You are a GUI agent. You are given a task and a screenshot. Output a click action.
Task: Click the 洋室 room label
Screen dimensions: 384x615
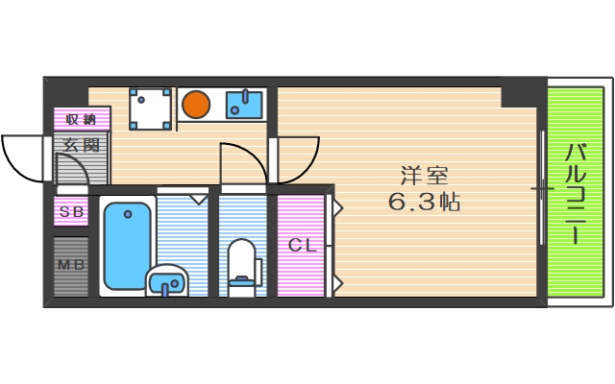point(425,176)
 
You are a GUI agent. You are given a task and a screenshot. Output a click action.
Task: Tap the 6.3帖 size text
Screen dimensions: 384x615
point(424,203)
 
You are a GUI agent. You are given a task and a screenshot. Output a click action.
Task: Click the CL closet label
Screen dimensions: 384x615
point(302,246)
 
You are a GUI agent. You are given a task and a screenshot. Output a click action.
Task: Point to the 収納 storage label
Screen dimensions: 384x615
point(82,120)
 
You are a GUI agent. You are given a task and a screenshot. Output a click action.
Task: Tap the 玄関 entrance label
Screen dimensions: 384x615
point(82,146)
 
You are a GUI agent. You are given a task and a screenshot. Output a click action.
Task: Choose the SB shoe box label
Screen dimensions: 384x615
point(71,212)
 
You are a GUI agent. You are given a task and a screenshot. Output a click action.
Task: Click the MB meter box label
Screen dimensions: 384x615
point(70,265)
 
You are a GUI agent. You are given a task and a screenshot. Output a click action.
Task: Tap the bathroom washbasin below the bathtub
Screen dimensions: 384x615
point(168,282)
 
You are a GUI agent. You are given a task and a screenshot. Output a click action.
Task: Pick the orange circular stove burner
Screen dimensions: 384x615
point(196,102)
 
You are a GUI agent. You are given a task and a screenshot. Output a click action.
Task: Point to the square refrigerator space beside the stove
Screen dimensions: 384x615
point(150,108)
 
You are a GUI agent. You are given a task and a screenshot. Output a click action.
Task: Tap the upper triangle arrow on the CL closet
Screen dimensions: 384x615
point(337,205)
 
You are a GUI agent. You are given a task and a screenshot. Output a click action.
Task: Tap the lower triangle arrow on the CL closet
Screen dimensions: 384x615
point(337,283)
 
